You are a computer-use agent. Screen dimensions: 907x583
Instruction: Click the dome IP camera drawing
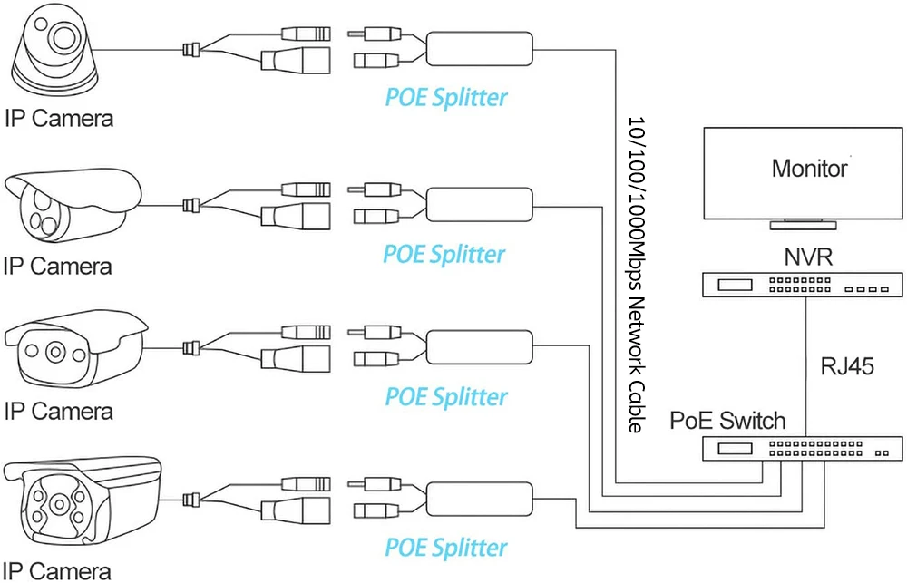pos(55,52)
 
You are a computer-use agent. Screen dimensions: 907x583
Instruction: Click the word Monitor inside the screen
pos(809,169)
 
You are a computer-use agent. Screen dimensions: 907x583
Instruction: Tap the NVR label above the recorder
pos(808,257)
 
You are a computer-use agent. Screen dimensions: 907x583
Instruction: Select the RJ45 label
pos(847,366)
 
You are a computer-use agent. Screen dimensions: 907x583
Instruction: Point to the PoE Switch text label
pos(727,421)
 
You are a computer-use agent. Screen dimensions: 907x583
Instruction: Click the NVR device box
pos(803,285)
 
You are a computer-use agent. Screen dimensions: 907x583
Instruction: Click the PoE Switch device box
pos(803,448)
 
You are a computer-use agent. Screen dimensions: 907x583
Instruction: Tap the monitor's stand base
pos(803,225)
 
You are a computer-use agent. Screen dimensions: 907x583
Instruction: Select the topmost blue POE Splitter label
pos(446,97)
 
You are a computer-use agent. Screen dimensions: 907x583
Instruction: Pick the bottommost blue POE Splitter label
pos(446,547)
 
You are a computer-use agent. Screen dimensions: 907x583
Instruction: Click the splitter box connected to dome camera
pos(480,49)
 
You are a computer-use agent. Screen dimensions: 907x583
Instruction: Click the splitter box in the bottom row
pos(480,500)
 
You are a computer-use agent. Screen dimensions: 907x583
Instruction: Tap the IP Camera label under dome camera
pos(59,119)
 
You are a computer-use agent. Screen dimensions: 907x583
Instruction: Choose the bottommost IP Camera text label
pos(57,570)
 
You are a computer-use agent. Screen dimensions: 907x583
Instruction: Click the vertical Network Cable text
pos(637,275)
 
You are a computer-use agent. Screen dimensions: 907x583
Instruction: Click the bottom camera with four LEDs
pos(81,502)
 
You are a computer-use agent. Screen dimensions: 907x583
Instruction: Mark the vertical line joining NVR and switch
pos(805,366)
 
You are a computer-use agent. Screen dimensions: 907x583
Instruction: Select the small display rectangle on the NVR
pos(735,285)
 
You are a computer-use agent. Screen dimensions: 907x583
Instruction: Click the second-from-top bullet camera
pos(73,205)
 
